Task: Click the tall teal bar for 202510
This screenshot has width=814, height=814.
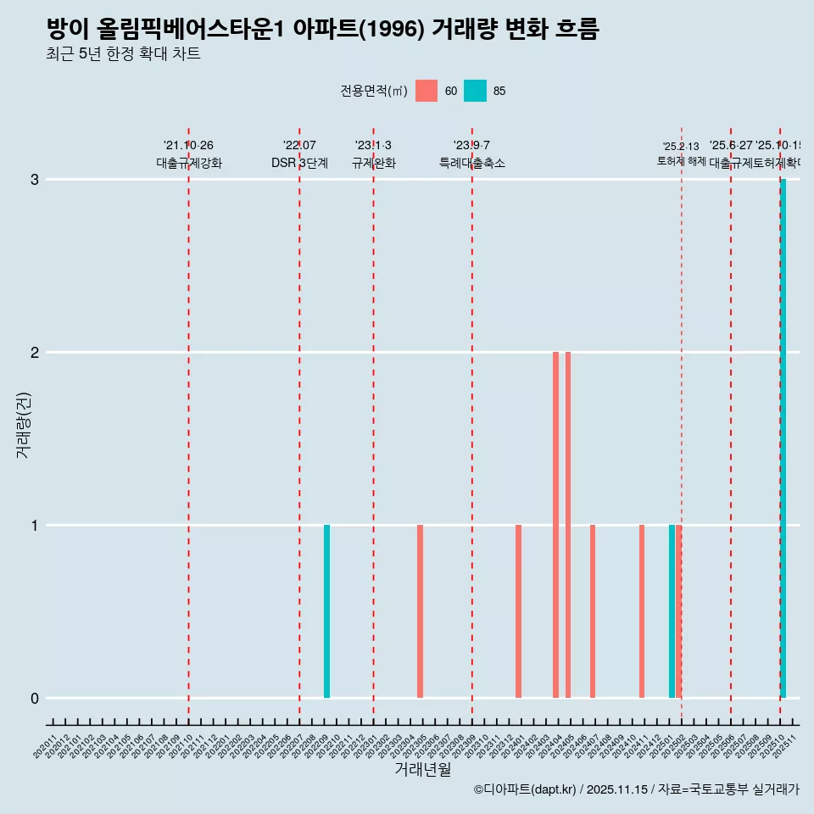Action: pyautogui.click(x=783, y=438)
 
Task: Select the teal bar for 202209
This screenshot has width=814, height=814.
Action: pyautogui.click(x=326, y=611)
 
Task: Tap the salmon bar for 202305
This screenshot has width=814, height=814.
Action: pyautogui.click(x=420, y=611)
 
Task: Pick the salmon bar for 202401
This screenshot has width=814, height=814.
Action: pyautogui.click(x=518, y=611)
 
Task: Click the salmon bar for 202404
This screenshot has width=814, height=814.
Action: pyautogui.click(x=555, y=525)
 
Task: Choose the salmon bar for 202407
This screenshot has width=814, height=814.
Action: pyautogui.click(x=593, y=611)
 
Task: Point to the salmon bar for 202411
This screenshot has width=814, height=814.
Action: pyautogui.click(x=642, y=611)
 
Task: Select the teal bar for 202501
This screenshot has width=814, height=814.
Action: pyautogui.click(x=672, y=611)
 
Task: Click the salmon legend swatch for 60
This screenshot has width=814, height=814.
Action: pyautogui.click(x=427, y=91)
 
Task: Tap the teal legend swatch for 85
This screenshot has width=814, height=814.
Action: pyautogui.click(x=475, y=91)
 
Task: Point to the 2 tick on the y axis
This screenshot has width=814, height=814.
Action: pyautogui.click(x=35, y=353)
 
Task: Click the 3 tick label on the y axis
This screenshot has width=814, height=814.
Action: pyautogui.click(x=35, y=180)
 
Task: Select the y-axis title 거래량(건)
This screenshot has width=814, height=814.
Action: pyautogui.click(x=23, y=424)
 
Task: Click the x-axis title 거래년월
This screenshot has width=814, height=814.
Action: pyautogui.click(x=422, y=769)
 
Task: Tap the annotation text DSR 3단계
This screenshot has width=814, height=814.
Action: pyautogui.click(x=299, y=163)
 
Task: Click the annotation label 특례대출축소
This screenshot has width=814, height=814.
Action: pyautogui.click(x=471, y=163)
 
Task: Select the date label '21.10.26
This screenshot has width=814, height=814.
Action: pyautogui.click(x=188, y=145)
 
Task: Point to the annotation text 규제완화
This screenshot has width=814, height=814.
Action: pyautogui.click(x=373, y=163)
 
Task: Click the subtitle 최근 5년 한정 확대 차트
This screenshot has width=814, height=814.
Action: pyautogui.click(x=123, y=54)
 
